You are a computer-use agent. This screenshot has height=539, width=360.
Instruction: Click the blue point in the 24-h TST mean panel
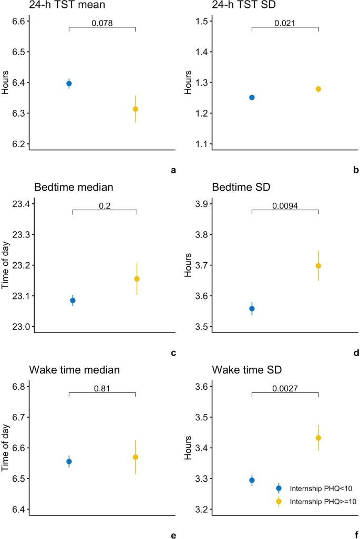coord(69,84)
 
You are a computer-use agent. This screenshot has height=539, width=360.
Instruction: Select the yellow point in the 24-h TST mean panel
coord(136,109)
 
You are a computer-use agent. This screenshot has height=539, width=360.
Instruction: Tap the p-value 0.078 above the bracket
coord(102,23)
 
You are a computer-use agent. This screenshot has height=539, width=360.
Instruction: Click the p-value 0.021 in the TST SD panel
coord(285,23)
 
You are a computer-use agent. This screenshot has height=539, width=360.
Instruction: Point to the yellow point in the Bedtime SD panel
coord(318,265)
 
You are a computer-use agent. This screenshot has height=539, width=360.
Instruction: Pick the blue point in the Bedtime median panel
coord(73,300)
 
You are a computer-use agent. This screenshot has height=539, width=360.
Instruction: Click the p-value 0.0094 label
coord(285,206)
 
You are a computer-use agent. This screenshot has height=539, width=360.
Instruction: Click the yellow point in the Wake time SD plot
coord(318,438)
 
